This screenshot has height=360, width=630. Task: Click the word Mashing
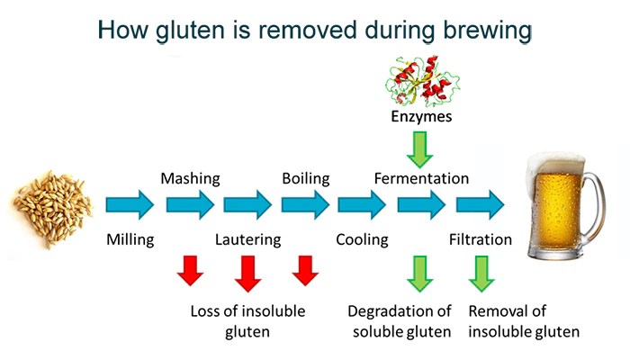point(190,178)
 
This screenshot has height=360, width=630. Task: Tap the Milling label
point(131,240)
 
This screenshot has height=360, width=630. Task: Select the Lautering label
point(247,240)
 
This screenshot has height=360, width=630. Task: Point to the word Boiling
point(305,178)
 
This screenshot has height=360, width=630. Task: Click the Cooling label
point(362,240)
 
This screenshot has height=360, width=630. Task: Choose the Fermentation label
point(421,178)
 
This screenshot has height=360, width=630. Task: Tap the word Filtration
point(481,240)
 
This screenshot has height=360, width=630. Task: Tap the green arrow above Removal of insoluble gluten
point(479,274)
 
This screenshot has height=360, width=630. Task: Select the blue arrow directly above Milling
point(130,206)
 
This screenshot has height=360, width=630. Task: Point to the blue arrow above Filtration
point(480,206)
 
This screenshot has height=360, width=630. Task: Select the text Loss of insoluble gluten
point(247,321)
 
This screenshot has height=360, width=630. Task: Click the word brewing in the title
point(480,31)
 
